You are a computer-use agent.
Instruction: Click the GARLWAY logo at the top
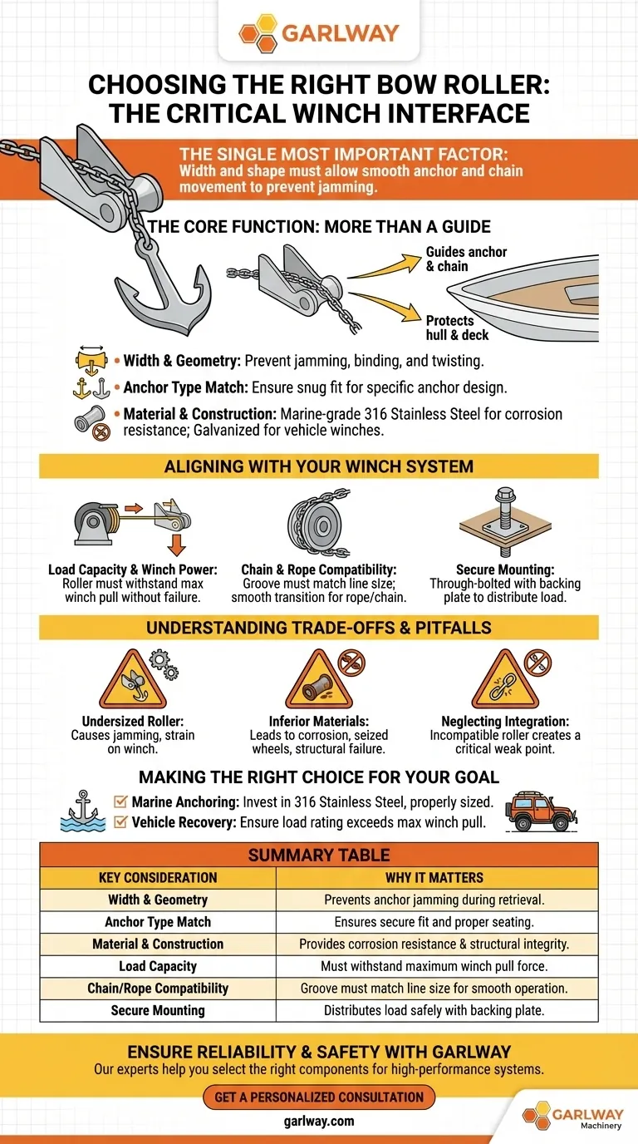click(319, 34)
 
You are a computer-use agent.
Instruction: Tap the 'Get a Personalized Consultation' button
click(319, 1097)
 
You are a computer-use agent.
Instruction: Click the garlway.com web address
click(319, 1121)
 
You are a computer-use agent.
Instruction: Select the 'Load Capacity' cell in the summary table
click(158, 966)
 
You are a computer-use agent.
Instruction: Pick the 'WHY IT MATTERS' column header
click(434, 877)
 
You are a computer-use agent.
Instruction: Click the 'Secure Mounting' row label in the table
click(158, 1010)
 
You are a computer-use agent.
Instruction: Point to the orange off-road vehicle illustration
click(541, 812)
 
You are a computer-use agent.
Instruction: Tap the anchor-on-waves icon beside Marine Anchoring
click(83, 811)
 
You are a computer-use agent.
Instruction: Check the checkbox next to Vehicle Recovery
click(120, 821)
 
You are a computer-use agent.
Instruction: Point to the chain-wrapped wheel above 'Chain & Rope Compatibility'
click(319, 523)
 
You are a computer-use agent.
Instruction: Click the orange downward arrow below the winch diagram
click(177, 545)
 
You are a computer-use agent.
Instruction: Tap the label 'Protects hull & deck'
click(458, 328)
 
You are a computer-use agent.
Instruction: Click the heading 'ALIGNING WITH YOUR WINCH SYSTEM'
click(319, 466)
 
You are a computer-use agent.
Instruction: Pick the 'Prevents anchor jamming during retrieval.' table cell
click(434, 900)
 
